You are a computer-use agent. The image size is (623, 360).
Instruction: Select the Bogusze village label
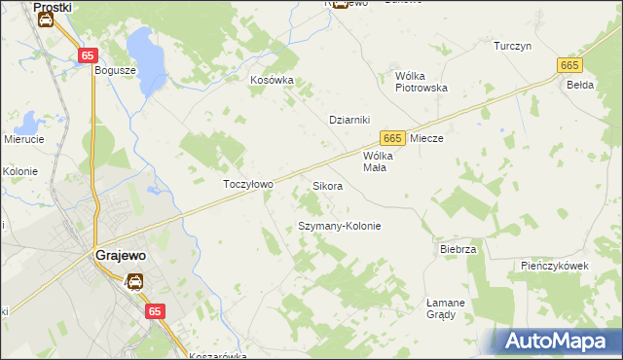tap(113, 70)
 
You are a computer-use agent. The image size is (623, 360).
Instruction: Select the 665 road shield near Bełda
tap(570, 64)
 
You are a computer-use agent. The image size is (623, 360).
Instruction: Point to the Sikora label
tap(327, 185)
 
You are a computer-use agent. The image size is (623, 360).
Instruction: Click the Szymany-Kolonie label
tap(338, 226)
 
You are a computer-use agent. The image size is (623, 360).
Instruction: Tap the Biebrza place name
tap(458, 249)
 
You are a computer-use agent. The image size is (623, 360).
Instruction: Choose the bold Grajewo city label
tap(120, 256)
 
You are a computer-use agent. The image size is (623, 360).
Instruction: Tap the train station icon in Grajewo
tap(134, 282)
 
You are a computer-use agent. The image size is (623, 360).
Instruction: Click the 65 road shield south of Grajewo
tap(154, 310)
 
